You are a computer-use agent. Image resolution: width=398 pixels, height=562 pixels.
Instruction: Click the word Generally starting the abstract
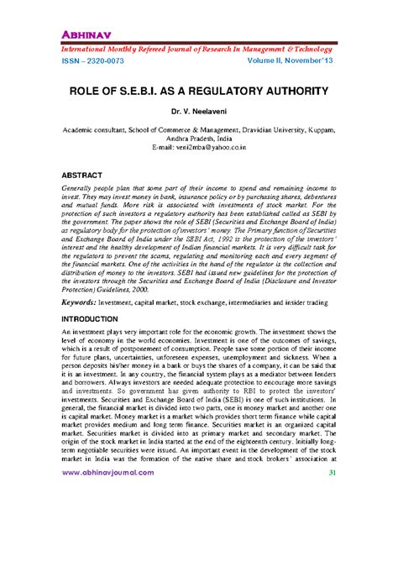pos(81,192)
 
